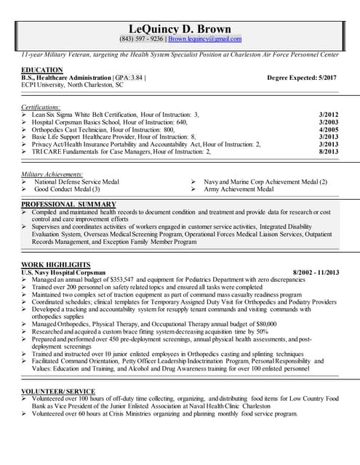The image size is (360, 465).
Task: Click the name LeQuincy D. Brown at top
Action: tap(180, 28)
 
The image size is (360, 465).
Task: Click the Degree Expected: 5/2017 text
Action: tap(301, 77)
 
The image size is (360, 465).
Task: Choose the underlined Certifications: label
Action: tap(41, 107)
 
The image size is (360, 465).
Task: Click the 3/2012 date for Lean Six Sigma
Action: tap(329, 115)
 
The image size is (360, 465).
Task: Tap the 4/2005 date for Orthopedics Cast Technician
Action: tap(329, 129)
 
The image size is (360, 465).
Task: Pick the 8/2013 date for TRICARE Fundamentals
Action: tap(329, 151)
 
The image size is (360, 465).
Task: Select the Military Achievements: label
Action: tap(52, 174)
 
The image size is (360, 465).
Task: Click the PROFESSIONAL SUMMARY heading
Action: tap(68, 204)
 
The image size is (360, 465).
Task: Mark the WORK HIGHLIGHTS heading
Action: tap(56, 264)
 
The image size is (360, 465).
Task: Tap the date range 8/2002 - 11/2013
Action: tap(315, 272)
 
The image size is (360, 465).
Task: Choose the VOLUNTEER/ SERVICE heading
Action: tap(58, 391)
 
